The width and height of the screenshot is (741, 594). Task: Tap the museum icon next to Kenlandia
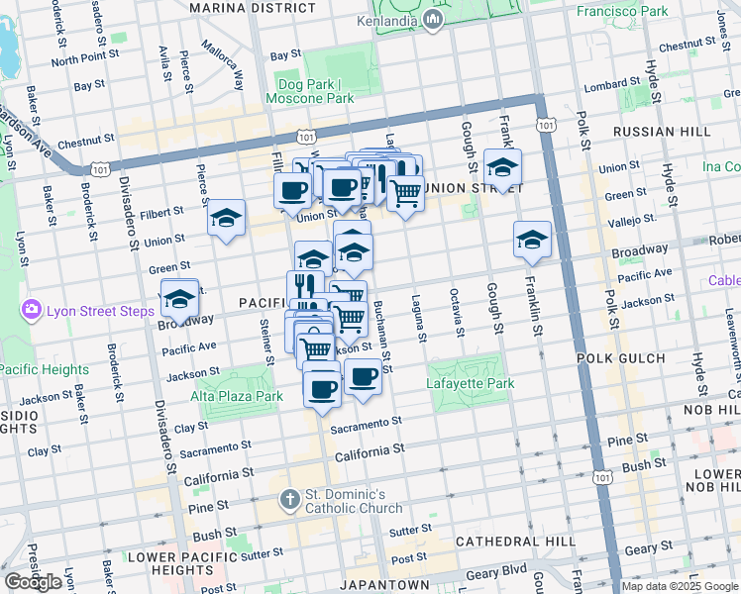point(434,22)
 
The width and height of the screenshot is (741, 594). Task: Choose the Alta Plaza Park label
point(237,395)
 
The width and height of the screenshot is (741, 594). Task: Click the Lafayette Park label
point(471,383)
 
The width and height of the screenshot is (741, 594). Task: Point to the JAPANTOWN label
point(386,584)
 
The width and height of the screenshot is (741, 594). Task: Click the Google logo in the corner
point(33,582)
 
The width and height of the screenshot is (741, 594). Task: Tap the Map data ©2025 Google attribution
point(680,586)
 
